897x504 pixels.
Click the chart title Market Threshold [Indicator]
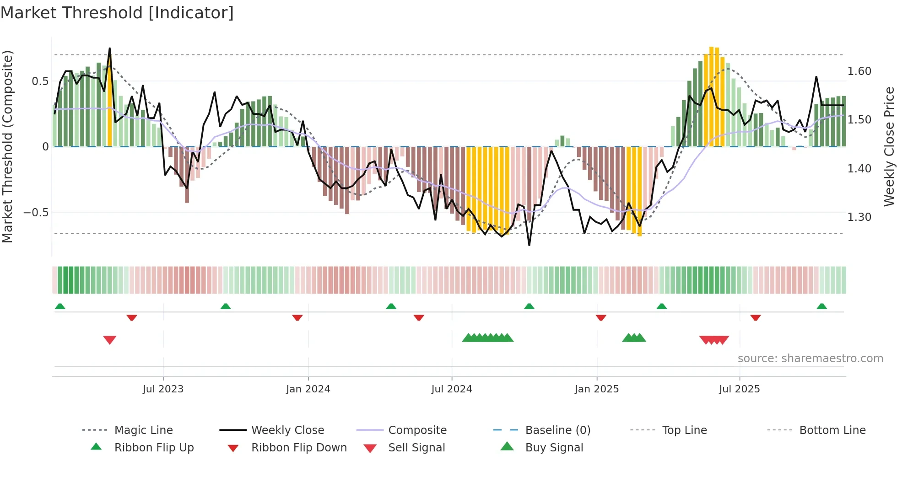[117, 13]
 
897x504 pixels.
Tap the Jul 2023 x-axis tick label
[163, 389]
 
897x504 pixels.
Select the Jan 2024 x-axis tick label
[308, 389]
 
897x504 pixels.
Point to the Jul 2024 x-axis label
[452, 389]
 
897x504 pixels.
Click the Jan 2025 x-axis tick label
[597, 389]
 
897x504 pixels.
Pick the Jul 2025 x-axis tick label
[740, 389]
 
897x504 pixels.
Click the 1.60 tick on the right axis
[859, 71]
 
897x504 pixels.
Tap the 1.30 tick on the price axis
[859, 217]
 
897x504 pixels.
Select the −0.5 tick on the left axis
[36, 213]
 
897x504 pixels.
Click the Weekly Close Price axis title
[889, 146]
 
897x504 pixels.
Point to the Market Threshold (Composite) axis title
[7, 146]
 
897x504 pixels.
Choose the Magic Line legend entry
[143, 430]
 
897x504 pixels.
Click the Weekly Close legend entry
[287, 430]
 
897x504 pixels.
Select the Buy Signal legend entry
[554, 448]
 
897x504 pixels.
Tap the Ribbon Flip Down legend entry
[298, 448]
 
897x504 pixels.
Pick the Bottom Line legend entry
[832, 430]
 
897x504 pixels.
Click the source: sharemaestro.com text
[810, 359]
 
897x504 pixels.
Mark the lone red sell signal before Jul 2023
[110, 340]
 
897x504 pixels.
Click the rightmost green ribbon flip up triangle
[821, 306]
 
